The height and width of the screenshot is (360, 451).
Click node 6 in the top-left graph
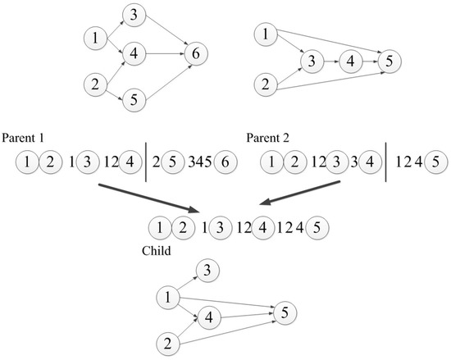196,54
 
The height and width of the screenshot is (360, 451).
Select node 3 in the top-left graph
134,15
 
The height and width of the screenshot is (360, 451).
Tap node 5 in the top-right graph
389,62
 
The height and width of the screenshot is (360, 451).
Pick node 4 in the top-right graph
351,62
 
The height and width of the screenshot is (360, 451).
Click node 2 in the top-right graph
266,84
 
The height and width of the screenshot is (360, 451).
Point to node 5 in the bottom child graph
285,312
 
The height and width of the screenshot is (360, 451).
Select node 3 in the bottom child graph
207,271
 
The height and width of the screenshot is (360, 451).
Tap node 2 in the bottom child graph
168,344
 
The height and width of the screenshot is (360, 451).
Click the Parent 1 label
23,138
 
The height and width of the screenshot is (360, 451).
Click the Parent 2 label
268,138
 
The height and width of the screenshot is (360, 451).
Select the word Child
156,251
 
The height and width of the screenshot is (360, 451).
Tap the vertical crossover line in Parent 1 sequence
146,162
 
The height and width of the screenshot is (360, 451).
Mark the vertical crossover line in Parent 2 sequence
385,162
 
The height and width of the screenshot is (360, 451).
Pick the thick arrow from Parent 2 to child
299,193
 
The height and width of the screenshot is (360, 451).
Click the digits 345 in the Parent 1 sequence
200,162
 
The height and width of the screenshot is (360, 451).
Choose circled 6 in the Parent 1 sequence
225,162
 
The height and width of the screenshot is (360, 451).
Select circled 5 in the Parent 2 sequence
435,162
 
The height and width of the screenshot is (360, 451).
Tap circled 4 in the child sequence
263,228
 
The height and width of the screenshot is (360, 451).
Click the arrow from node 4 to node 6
165,54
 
